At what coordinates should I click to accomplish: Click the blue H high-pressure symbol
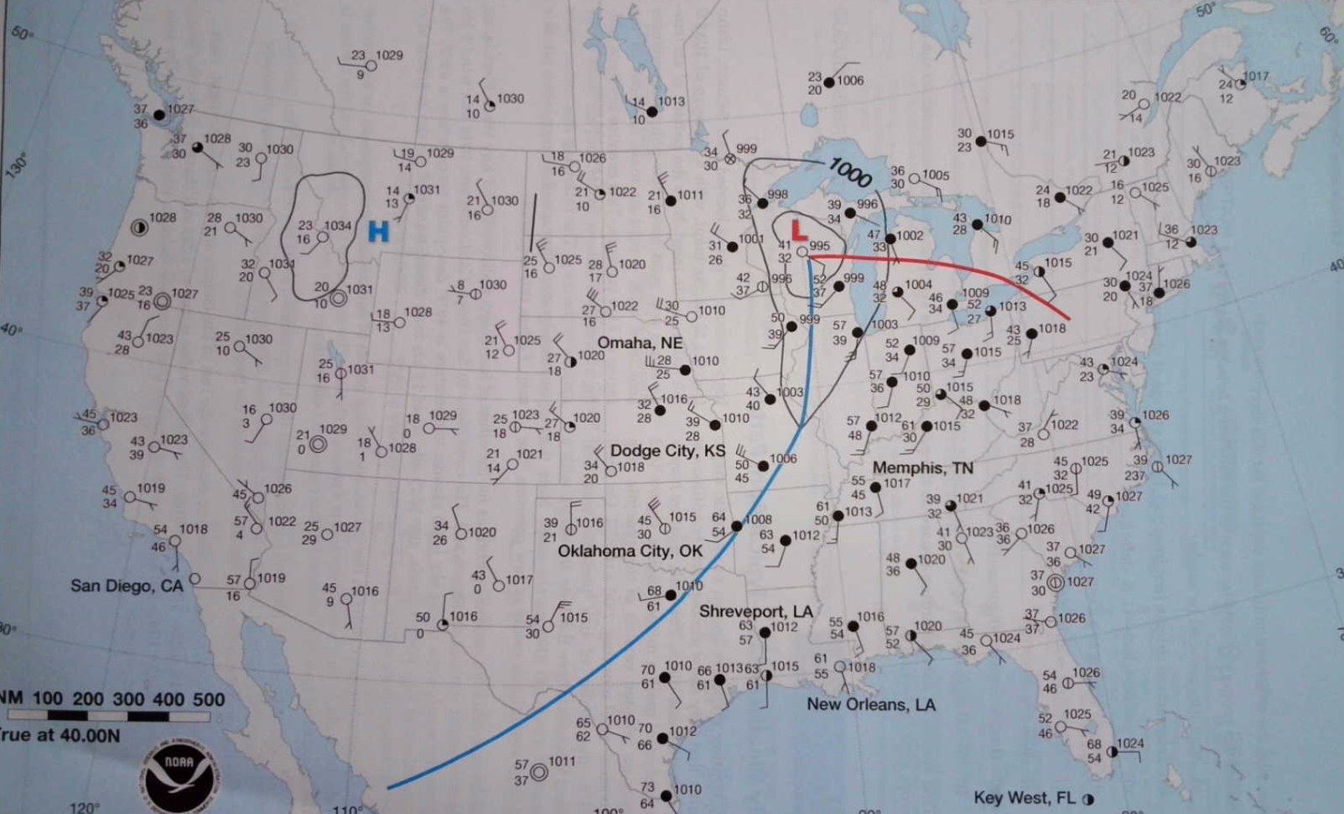(x=378, y=231)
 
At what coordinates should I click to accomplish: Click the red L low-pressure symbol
(x=798, y=228)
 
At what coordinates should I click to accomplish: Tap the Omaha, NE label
(x=640, y=342)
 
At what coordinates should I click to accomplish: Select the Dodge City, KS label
(x=667, y=451)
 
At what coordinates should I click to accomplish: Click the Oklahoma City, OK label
(x=630, y=550)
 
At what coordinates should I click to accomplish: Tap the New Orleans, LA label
(x=870, y=704)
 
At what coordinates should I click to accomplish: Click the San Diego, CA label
(x=126, y=585)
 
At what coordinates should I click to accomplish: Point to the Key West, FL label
(x=1024, y=797)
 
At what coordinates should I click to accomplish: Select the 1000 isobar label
(x=850, y=172)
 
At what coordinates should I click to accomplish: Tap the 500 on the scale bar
(x=209, y=699)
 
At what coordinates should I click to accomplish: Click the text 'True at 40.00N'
(x=60, y=735)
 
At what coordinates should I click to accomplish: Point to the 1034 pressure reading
(x=337, y=225)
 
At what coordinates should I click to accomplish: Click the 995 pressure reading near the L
(x=819, y=246)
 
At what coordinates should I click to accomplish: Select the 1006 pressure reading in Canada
(x=849, y=80)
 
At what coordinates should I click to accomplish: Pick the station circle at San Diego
(x=195, y=579)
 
